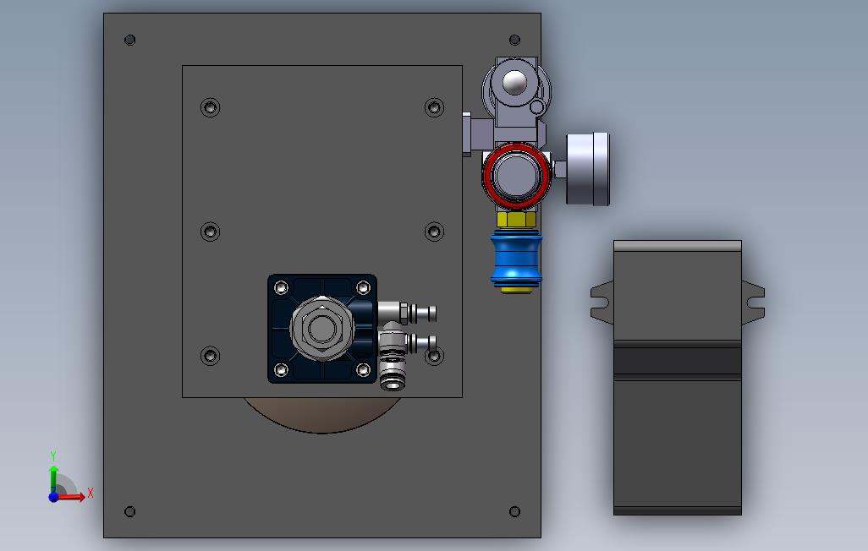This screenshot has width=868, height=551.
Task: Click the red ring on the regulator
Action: tap(486, 176)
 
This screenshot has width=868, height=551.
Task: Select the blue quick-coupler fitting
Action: tap(516, 259)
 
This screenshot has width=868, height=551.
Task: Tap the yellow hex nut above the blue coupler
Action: tap(516, 220)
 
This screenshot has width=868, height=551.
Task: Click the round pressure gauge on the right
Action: tap(587, 169)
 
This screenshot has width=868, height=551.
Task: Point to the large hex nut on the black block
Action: tap(321, 329)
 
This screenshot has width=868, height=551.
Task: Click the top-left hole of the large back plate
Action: tap(130, 40)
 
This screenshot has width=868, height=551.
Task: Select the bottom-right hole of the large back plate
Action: tap(515, 512)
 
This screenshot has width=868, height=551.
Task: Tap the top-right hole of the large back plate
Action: tap(515, 40)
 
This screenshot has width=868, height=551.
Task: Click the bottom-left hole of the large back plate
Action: tap(130, 512)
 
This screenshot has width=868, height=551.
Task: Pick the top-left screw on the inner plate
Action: tap(211, 106)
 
